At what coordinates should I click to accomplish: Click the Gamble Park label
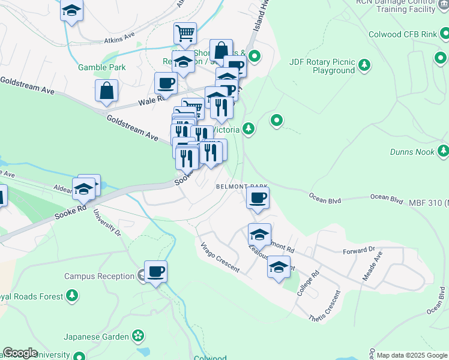pyautogui.click(x=102, y=67)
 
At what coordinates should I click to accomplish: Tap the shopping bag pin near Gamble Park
pyautogui.click(x=106, y=91)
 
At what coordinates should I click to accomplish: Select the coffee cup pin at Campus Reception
pyautogui.click(x=155, y=272)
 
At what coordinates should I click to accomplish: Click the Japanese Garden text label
pyautogui.click(x=97, y=337)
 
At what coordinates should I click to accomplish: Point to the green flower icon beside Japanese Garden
pyautogui.click(x=139, y=336)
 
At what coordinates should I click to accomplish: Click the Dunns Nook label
pyautogui.click(x=412, y=152)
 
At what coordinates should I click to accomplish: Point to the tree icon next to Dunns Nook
pyautogui.click(x=444, y=150)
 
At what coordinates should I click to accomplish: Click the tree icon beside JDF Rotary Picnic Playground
pyautogui.click(x=364, y=64)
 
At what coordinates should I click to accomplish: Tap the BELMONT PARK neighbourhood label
pyautogui.click(x=241, y=187)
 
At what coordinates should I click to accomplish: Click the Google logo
pyautogui.click(x=20, y=353)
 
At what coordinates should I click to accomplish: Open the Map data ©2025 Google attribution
pyautogui.click(x=412, y=355)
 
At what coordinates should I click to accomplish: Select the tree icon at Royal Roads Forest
pyautogui.click(x=72, y=295)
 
